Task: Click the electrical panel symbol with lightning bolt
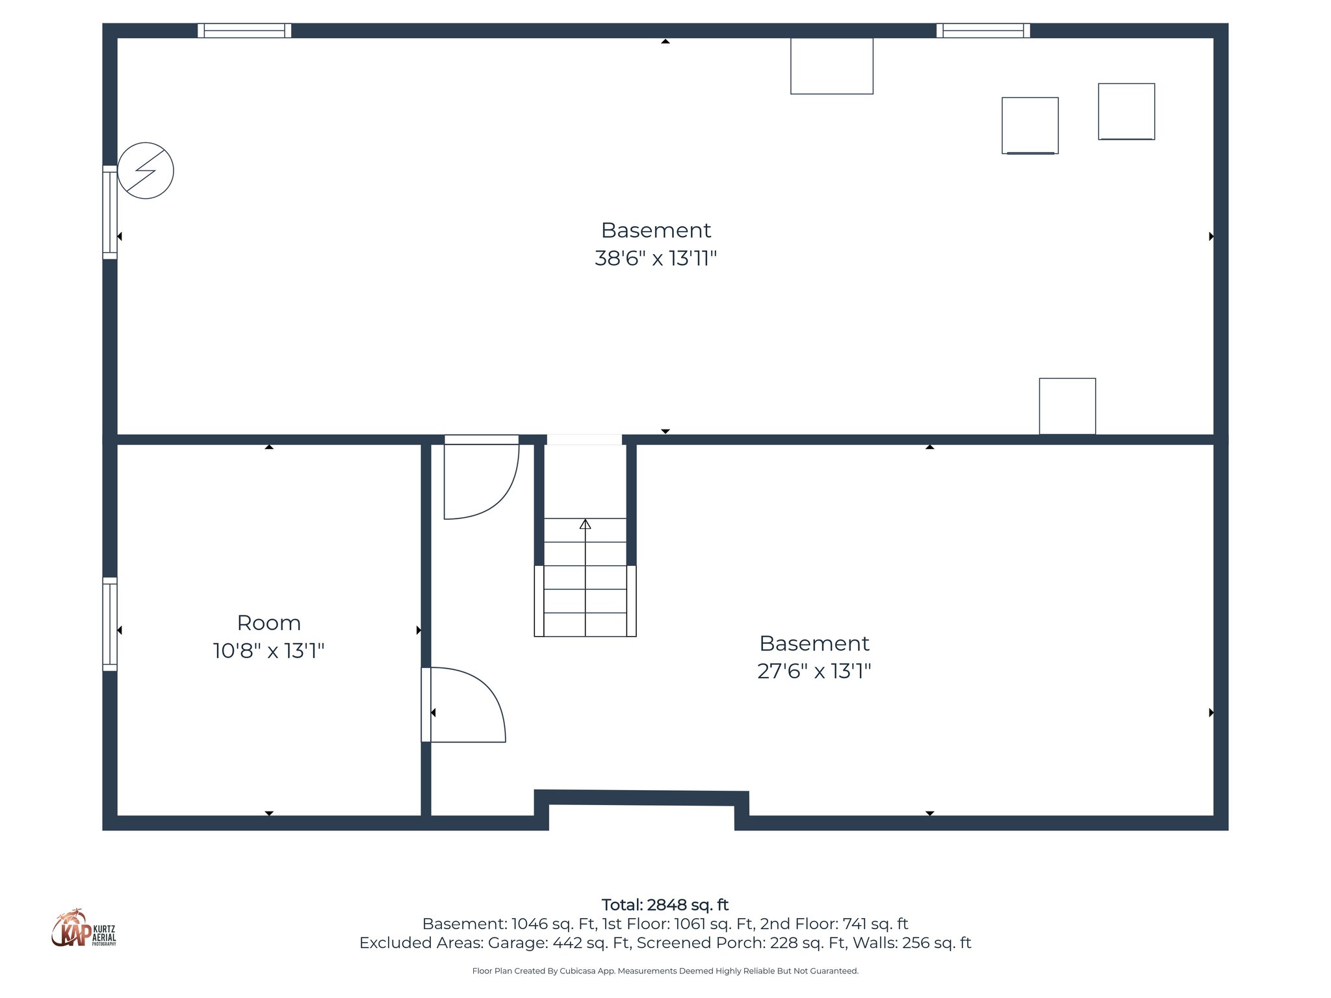146,171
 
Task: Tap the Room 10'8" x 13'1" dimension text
268,650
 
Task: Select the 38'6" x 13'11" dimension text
655,259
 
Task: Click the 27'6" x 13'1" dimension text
814,671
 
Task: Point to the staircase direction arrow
585,524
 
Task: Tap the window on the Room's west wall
110,624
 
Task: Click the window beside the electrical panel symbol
110,212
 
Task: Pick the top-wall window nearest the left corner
244,31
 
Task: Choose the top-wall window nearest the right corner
983,31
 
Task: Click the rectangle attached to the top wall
831,66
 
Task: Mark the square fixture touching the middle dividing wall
1067,406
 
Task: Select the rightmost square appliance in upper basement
1126,111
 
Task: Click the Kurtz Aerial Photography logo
83,929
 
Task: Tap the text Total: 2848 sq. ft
665,904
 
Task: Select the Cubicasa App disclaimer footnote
665,971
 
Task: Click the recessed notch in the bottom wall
641,816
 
